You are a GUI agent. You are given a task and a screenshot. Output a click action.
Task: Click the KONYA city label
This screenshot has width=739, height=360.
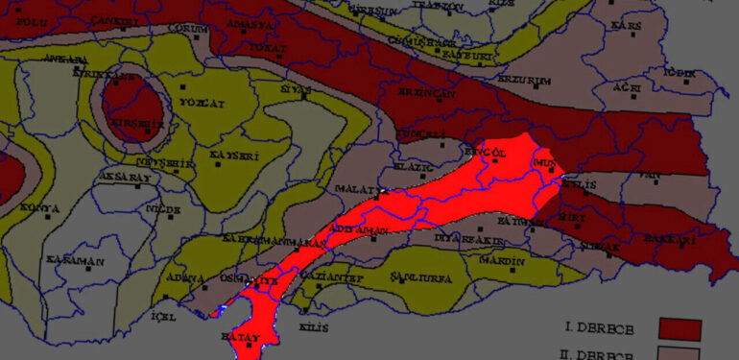[x=40, y=208]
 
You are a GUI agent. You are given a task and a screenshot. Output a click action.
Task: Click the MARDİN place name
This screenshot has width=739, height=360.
[x=504, y=260]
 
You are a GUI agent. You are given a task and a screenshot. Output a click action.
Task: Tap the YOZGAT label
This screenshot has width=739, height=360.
[x=202, y=103]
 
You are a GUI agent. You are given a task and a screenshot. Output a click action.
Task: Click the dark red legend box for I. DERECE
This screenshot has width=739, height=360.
[x=680, y=328]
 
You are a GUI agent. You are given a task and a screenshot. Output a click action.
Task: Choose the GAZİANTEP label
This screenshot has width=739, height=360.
[x=336, y=278]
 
